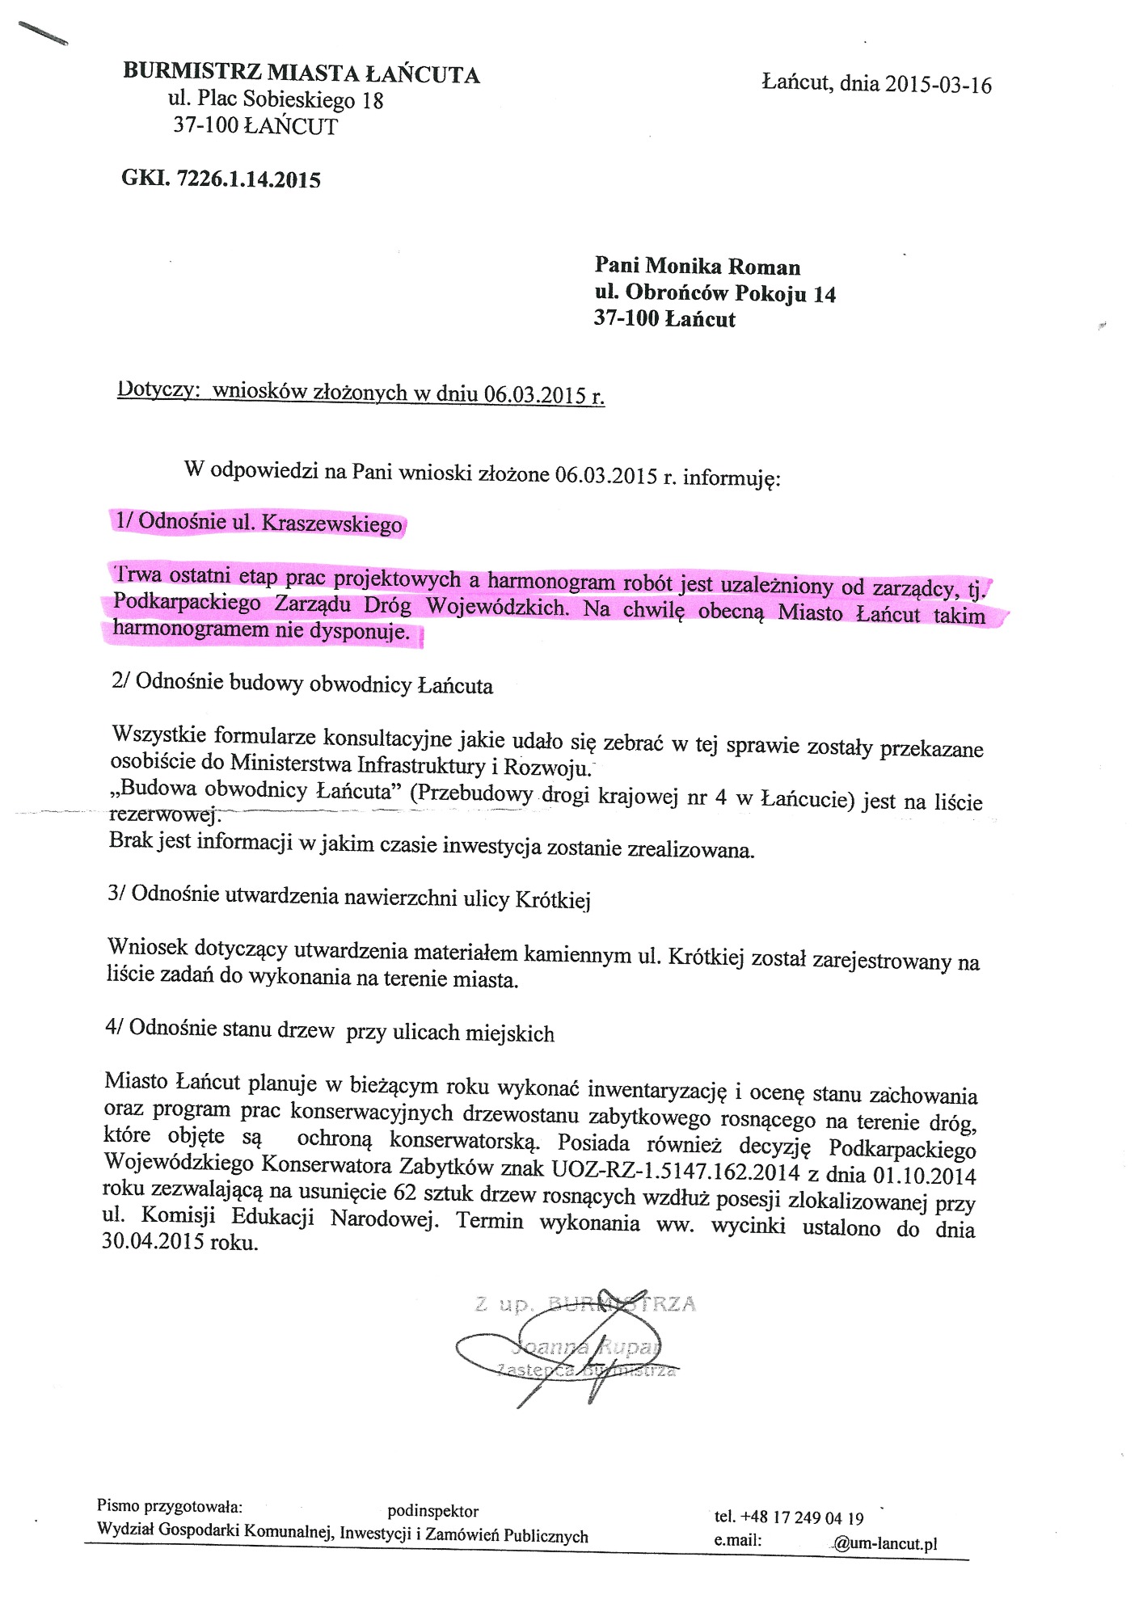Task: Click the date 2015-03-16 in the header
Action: point(938,85)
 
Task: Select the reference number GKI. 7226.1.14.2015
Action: point(221,179)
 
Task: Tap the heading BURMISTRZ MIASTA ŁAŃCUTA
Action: point(302,74)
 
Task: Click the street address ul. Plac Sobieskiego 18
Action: point(276,99)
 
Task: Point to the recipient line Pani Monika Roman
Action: point(697,266)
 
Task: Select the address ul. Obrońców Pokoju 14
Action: point(715,292)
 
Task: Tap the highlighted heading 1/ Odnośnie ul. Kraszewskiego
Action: point(259,522)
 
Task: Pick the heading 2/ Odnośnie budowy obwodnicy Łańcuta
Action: point(302,684)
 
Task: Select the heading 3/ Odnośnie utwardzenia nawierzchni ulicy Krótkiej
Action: point(348,896)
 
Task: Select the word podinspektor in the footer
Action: point(432,1511)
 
